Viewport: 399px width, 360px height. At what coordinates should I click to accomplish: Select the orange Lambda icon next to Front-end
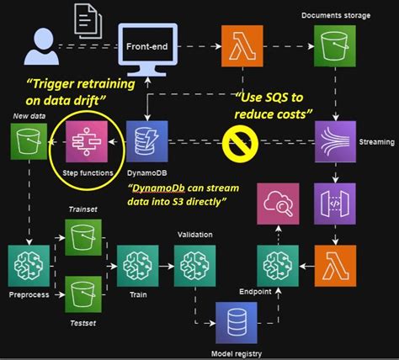tap(239, 45)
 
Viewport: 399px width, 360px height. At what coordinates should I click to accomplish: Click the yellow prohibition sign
tap(240, 143)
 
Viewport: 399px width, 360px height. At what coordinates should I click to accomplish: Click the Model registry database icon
tap(237, 321)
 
